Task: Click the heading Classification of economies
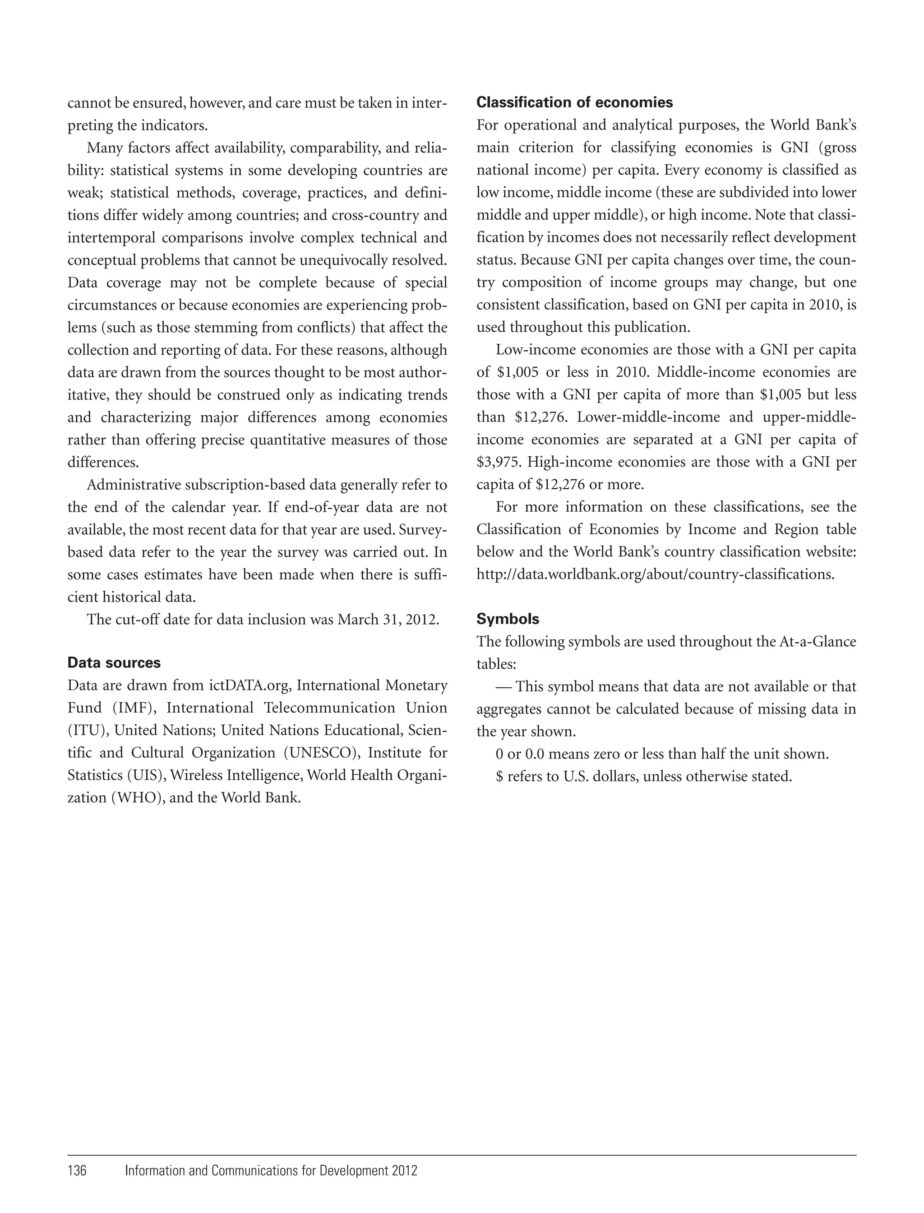point(574,103)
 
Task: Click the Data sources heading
point(114,663)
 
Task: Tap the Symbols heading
point(507,620)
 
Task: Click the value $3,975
point(499,463)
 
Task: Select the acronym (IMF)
point(135,708)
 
